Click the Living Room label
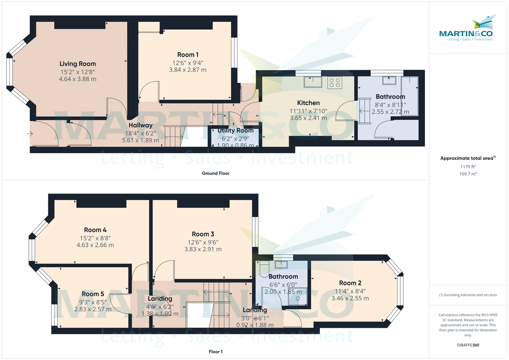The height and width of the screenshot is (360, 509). pyautogui.click(x=77, y=64)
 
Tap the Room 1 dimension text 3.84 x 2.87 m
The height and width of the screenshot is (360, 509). pyautogui.click(x=187, y=70)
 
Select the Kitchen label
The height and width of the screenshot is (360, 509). pyautogui.click(x=308, y=103)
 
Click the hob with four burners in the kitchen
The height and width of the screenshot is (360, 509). pyautogui.click(x=335, y=82)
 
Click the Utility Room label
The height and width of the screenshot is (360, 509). pyautogui.click(x=235, y=131)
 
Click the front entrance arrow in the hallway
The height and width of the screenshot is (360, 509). pyautogui.click(x=30, y=134)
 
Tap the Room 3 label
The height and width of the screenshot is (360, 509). pyautogui.click(x=203, y=234)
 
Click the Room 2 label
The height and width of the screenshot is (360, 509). pyautogui.click(x=350, y=283)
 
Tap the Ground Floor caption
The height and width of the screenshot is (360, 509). pyautogui.click(x=216, y=173)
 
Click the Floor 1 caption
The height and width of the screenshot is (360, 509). pyautogui.click(x=215, y=352)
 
